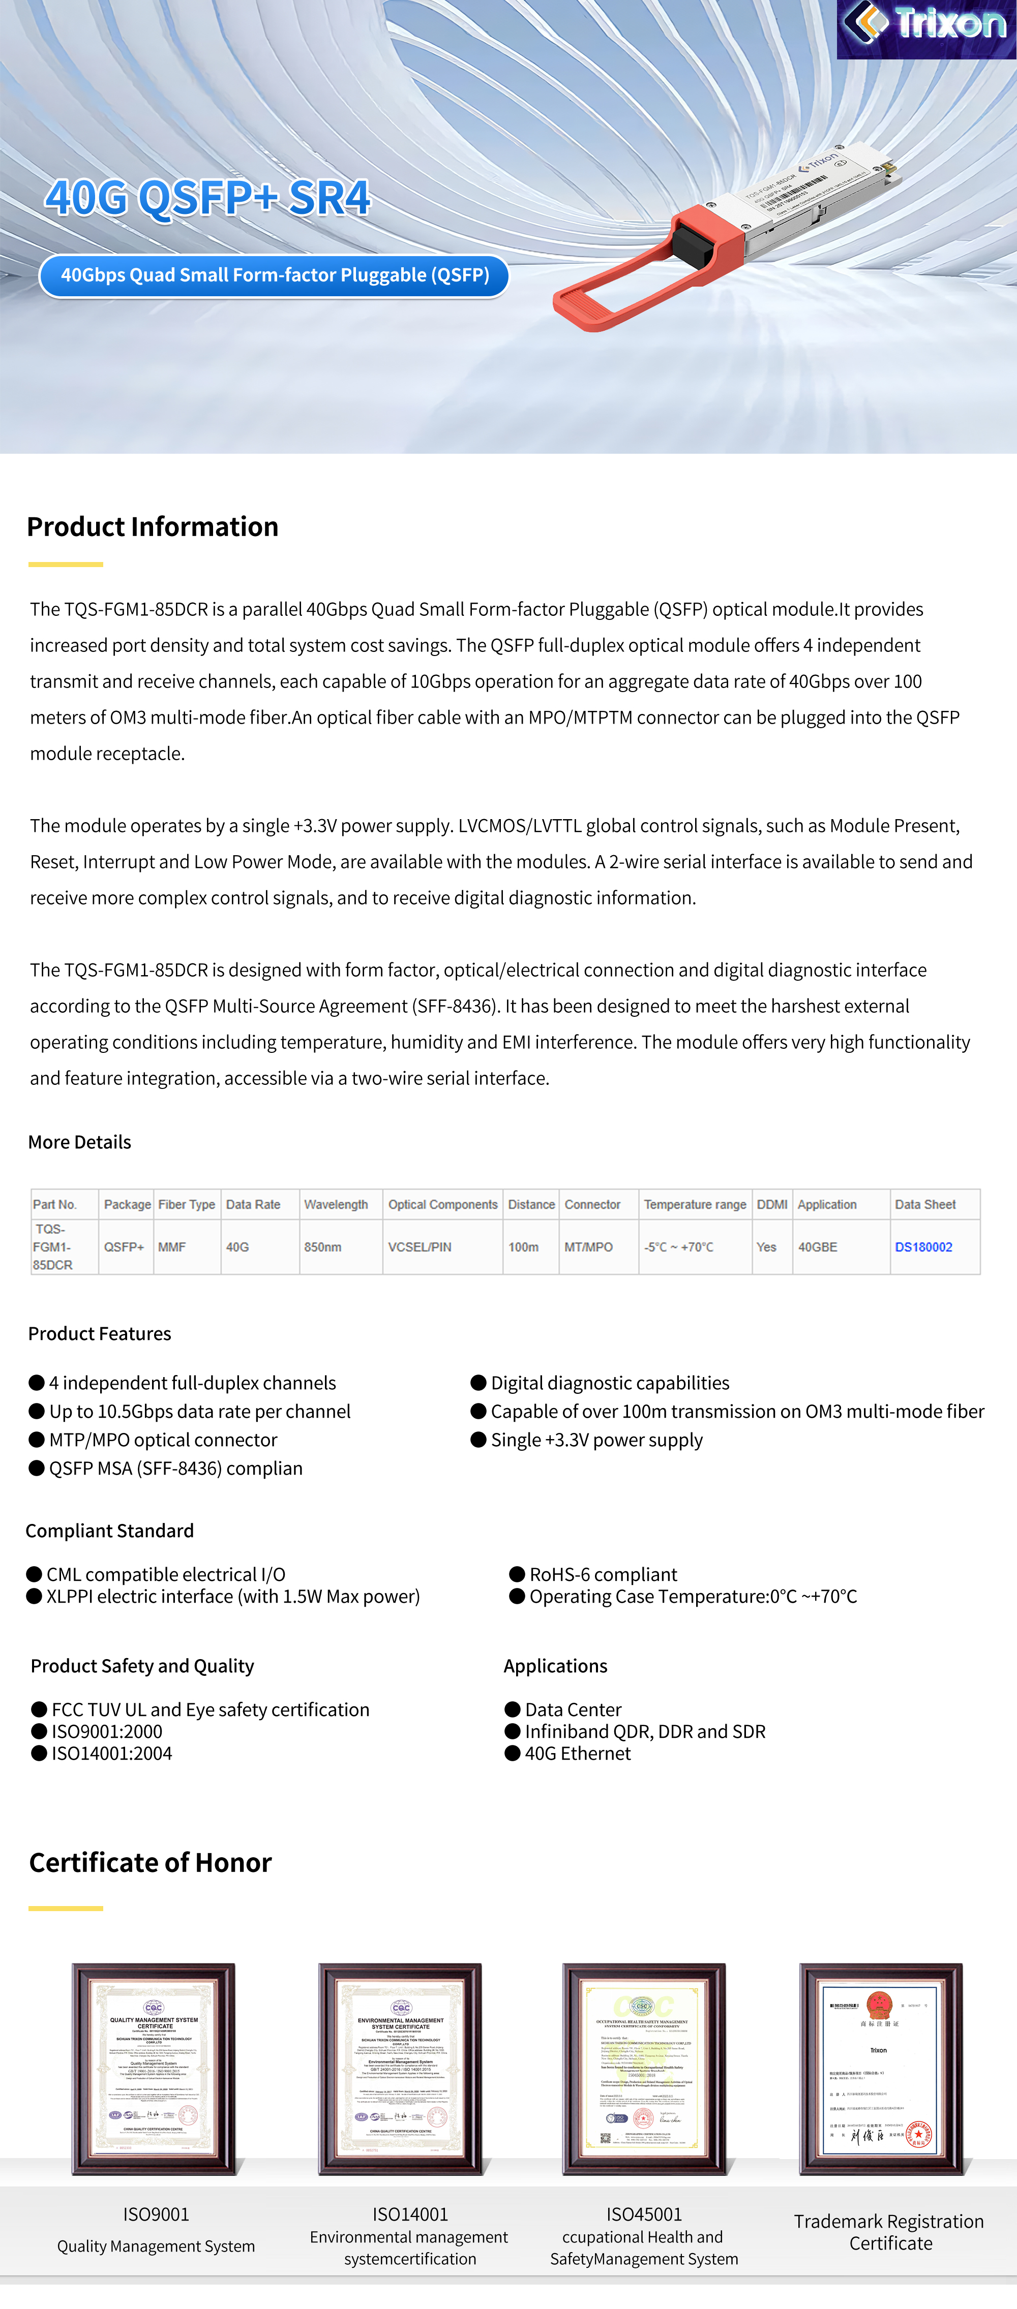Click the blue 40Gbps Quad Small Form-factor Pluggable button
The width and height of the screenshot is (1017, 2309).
click(x=275, y=275)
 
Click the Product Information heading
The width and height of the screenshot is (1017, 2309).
click(x=153, y=527)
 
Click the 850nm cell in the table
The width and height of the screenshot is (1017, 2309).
click(x=323, y=1247)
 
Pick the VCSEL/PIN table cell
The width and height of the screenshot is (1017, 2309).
click(x=420, y=1247)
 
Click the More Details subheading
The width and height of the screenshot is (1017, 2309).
click(x=80, y=1142)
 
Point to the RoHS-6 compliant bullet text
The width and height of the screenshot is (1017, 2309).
click(x=603, y=1574)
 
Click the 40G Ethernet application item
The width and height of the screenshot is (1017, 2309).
click(x=578, y=1753)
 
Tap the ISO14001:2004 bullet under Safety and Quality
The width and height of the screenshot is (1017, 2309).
click(x=111, y=1753)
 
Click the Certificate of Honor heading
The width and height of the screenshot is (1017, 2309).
click(x=151, y=1863)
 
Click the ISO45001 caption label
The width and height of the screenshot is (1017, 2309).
click(x=644, y=2214)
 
